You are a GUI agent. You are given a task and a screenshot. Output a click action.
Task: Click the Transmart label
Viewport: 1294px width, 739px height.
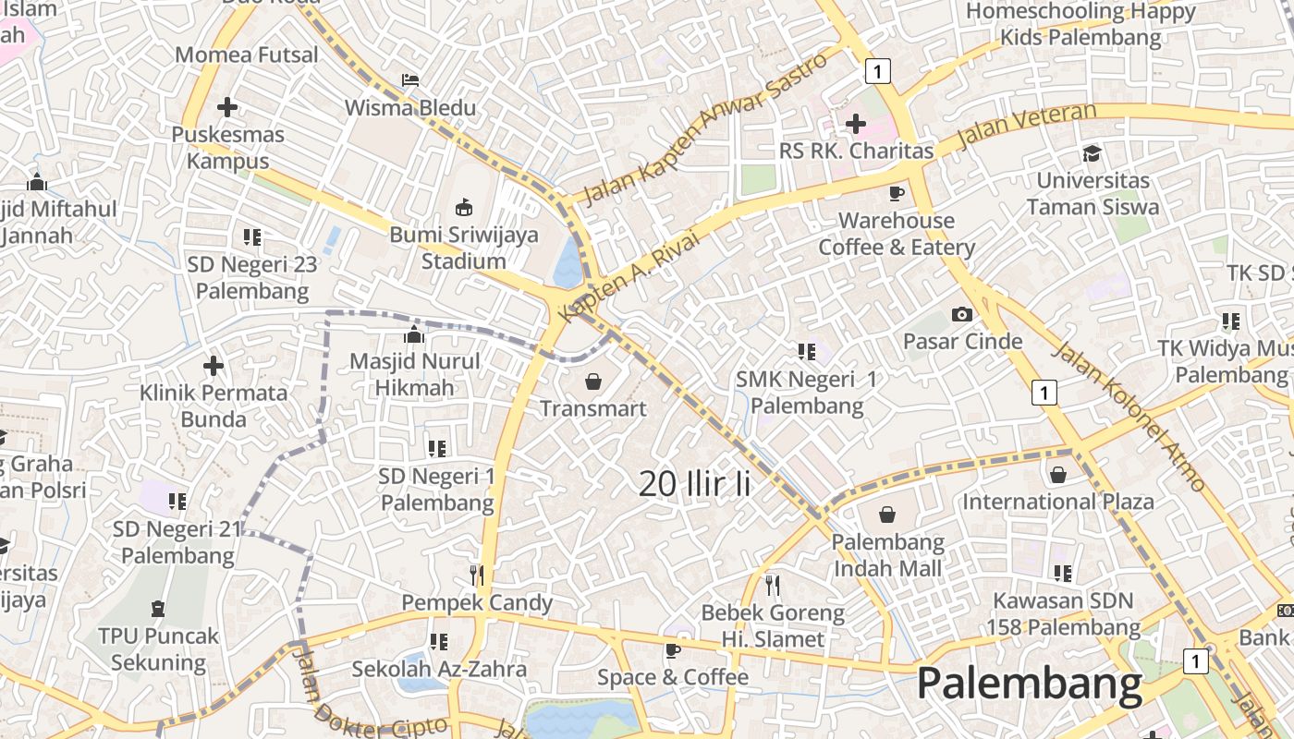pos(592,408)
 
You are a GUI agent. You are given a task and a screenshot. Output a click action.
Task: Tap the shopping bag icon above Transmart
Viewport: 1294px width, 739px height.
pos(592,381)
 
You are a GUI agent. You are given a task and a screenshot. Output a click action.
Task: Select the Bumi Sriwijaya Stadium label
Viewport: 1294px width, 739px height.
pos(463,248)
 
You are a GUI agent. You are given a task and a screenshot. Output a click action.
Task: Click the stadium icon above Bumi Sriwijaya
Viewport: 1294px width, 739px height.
pos(464,207)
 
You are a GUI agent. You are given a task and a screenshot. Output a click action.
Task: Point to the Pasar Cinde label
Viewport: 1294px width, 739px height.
pos(962,341)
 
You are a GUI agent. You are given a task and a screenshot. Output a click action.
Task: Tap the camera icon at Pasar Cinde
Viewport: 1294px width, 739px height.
pos(962,314)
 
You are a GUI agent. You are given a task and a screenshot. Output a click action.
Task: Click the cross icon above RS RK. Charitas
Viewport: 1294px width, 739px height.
pos(856,123)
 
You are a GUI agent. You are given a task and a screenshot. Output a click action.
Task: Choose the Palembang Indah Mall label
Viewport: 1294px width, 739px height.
pos(888,555)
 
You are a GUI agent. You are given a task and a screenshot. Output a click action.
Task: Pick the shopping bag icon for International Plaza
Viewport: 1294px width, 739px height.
pos(1058,475)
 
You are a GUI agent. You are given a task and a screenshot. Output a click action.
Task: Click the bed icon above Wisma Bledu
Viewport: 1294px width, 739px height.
pos(410,80)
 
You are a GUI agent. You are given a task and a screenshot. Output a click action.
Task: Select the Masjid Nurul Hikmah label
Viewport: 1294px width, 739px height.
pos(415,374)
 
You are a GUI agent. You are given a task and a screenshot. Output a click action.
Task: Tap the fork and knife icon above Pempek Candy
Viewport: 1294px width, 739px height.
pos(477,575)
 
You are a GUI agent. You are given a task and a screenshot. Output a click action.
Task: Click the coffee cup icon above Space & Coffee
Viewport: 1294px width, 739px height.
pos(673,650)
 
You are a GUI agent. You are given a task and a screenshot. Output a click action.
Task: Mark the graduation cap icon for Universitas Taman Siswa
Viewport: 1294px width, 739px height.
pos(1093,153)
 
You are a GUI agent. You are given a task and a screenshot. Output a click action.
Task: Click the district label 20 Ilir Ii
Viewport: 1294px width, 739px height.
pos(694,483)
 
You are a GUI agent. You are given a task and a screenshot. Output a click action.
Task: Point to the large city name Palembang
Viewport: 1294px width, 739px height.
pos(1030,684)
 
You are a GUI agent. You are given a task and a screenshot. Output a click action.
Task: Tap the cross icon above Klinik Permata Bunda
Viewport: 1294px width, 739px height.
pos(214,366)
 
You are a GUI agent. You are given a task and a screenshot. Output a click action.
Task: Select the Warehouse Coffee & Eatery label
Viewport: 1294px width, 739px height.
pos(896,234)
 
